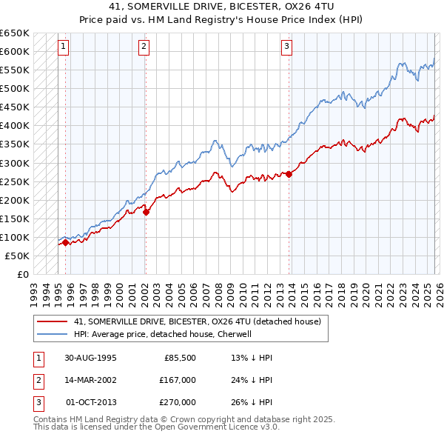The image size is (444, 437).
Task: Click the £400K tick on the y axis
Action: point(15,126)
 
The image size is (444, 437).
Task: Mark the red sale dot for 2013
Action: point(289,174)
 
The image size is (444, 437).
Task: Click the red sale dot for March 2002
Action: point(146,212)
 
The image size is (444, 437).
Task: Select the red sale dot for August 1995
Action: point(66,242)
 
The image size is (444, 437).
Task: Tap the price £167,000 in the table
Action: point(178,380)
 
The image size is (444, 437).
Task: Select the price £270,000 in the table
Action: point(178,402)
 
